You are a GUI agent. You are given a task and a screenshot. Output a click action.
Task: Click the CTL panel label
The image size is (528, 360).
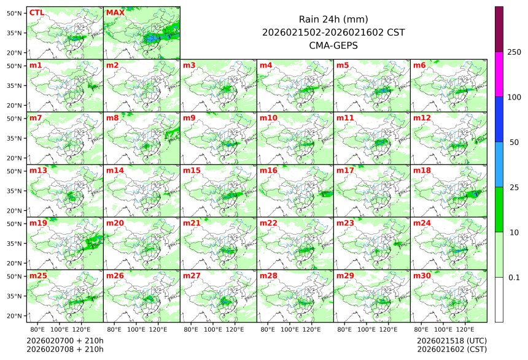[x=37, y=12]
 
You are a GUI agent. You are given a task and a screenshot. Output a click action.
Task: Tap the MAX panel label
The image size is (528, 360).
[x=115, y=12]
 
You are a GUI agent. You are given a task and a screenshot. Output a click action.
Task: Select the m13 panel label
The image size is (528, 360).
[x=38, y=170]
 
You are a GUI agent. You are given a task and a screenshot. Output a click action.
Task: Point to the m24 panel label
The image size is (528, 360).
[x=422, y=223]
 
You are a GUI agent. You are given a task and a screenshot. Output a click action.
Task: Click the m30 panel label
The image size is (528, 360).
[x=422, y=276]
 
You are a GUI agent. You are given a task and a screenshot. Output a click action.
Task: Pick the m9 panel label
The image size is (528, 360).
[x=190, y=117]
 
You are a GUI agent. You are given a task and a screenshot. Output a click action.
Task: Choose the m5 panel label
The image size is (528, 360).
[x=343, y=65]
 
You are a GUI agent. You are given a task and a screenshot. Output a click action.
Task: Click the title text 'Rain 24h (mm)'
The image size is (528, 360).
[x=333, y=19]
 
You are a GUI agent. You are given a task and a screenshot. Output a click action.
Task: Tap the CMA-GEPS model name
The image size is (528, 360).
[x=333, y=45]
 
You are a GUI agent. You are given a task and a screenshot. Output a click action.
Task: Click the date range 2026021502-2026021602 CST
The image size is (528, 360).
[x=333, y=32]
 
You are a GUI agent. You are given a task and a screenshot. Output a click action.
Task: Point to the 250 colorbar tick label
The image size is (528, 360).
[x=514, y=52]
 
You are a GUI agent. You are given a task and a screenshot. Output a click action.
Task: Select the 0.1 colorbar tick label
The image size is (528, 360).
[x=514, y=277]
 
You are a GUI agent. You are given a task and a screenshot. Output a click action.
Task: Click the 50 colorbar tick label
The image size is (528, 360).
[x=514, y=142]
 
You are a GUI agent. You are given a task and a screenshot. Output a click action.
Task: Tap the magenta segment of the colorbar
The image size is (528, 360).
[x=499, y=74]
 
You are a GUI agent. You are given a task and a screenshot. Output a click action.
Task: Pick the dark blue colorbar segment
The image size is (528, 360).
[x=499, y=119]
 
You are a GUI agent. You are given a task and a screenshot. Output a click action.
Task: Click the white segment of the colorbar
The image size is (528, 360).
[x=499, y=299]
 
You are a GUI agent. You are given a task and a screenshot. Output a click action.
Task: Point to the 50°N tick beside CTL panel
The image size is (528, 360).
[x=14, y=13]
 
